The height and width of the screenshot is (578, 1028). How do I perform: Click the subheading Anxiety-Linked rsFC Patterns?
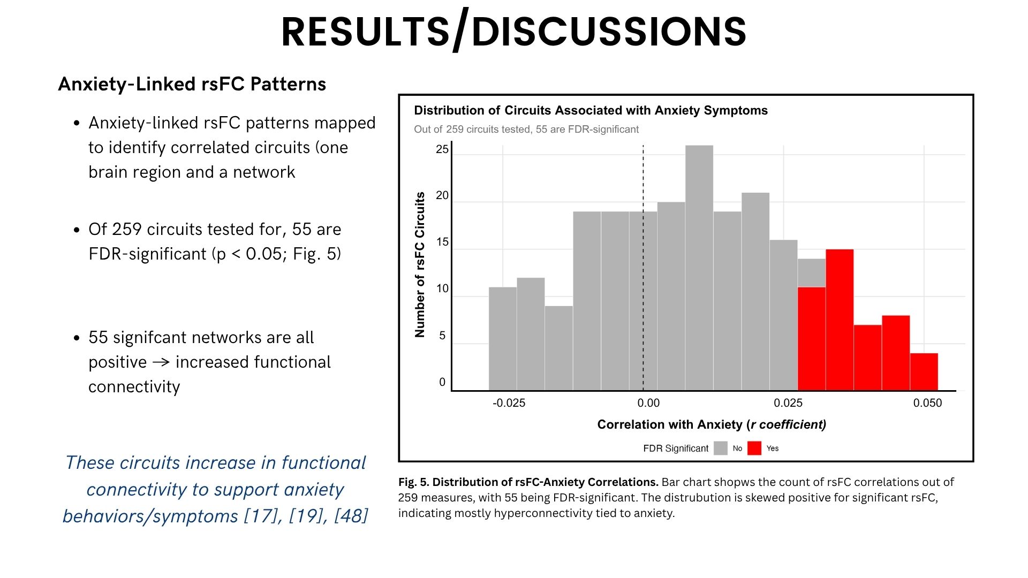point(192,84)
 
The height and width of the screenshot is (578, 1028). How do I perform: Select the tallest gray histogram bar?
point(699,268)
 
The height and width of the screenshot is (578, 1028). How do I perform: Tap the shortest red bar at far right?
point(924,372)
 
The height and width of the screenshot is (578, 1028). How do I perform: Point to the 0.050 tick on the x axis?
point(927,403)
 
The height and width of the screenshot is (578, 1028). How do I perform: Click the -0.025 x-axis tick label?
point(509,403)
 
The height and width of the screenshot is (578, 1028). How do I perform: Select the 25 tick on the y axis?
point(442,149)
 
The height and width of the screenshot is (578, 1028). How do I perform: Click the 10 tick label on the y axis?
point(442,289)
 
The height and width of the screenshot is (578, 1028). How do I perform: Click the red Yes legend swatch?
point(754,448)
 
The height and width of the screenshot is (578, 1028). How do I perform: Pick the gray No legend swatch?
point(721,448)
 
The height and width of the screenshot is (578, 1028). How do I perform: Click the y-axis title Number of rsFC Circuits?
point(420,264)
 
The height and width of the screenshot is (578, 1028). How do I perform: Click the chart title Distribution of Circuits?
point(591,110)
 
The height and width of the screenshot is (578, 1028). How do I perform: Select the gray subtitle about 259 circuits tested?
point(526,130)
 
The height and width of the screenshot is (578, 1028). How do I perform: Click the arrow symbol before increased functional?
point(161,362)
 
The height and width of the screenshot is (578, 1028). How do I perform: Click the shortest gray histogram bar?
point(558,348)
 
